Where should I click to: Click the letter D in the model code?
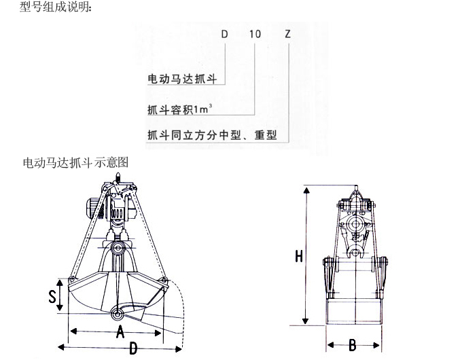(224, 34)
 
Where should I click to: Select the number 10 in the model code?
(255, 34)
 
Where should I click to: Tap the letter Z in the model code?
(287, 34)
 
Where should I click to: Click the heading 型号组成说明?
(56, 7)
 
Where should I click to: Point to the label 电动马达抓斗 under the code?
(182, 79)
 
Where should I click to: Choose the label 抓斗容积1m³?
(180, 109)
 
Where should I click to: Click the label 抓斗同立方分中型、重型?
(212, 135)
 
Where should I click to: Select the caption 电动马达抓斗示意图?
(75, 162)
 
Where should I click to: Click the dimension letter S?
(52, 296)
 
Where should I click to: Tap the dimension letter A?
(120, 331)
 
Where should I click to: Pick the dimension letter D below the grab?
(133, 349)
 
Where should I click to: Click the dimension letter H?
(299, 256)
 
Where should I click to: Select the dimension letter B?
(353, 345)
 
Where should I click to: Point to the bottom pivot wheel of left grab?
(117, 314)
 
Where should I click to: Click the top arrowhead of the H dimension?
(306, 190)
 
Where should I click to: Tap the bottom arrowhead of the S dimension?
(60, 307)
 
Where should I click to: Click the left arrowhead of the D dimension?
(61, 347)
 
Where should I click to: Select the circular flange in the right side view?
(355, 223)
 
